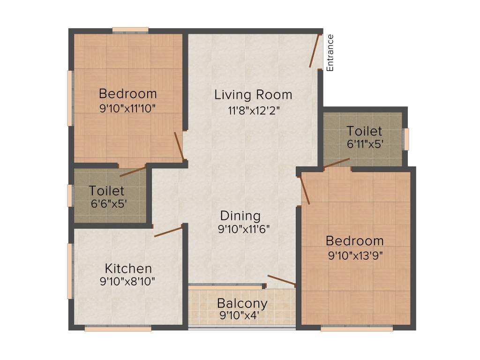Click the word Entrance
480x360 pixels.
[x=330, y=52]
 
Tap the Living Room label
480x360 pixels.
[x=253, y=95]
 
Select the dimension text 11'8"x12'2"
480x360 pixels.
[x=253, y=111]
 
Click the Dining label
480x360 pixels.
[x=240, y=216]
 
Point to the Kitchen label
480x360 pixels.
[x=128, y=269]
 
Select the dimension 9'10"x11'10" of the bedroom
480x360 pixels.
[x=127, y=108]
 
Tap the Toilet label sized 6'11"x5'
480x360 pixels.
[x=364, y=131]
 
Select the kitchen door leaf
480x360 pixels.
[x=168, y=232]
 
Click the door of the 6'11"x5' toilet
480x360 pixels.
[x=337, y=163]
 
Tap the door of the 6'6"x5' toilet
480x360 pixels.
[x=133, y=171]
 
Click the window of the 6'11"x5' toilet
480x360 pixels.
[x=406, y=139]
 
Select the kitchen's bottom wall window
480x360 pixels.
[x=118, y=329]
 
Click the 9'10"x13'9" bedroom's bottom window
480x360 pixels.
[x=356, y=329]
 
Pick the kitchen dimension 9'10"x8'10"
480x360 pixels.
[x=127, y=282]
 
